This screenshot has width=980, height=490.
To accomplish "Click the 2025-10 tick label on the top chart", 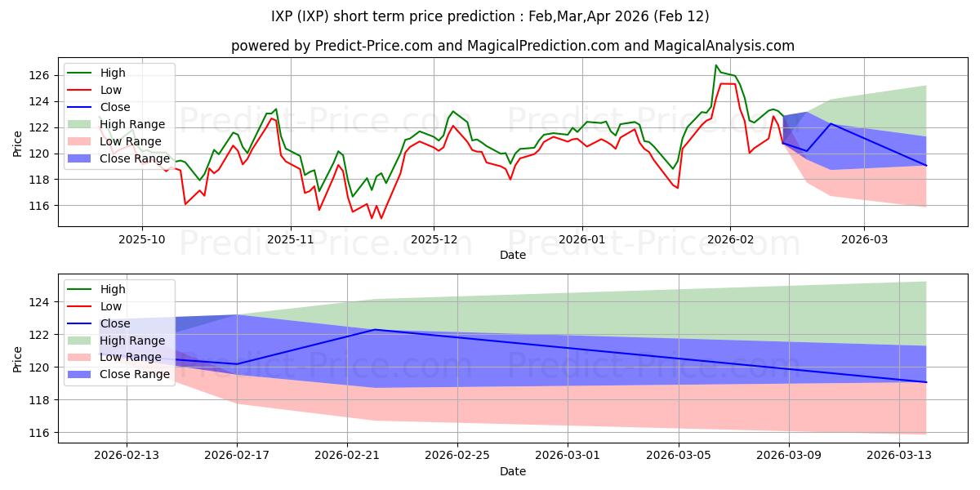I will [x=142, y=241].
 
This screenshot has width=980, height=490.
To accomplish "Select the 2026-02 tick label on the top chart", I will [x=730, y=241].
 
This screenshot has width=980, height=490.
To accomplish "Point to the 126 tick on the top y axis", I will [x=39, y=75].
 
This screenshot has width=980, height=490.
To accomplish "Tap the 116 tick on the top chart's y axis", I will [x=39, y=206].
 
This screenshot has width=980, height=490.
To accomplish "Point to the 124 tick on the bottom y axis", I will [x=39, y=302].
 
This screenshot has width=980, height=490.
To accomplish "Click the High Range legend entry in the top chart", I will [x=132, y=124].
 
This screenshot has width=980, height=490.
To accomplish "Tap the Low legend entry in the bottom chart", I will [x=111, y=306].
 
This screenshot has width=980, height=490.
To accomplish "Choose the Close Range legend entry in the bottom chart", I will [x=135, y=374].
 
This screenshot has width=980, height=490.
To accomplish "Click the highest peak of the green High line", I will [x=716, y=65].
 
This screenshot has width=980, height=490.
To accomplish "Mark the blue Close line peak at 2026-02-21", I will [x=375, y=329].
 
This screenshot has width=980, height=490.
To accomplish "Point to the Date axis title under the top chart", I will [x=512, y=256].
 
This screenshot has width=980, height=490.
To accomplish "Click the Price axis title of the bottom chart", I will [x=18, y=358].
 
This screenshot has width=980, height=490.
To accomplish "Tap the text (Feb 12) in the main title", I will [x=684, y=16].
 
